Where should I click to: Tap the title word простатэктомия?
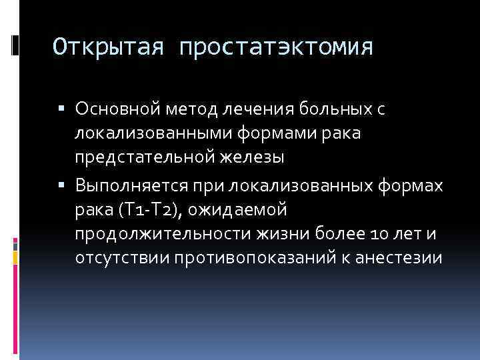click(275, 47)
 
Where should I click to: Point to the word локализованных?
click(287, 184)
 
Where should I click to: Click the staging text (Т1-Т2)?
click(147, 209)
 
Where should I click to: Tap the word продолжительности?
click(150, 235)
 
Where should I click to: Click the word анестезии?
click(406, 259)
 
